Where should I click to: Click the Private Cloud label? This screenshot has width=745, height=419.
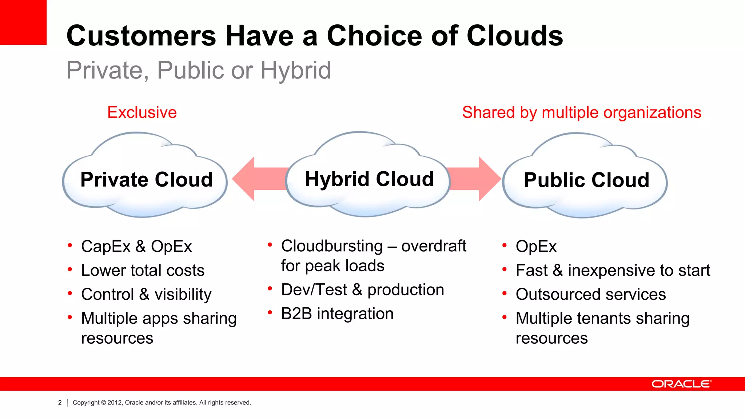click(x=146, y=180)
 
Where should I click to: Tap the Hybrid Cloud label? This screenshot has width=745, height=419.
click(x=369, y=179)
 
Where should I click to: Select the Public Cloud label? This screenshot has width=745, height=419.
click(x=586, y=180)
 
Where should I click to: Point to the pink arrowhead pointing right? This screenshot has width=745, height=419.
click(x=489, y=179)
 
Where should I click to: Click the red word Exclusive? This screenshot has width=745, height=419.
click(x=142, y=112)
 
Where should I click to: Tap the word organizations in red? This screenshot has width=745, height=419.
click(x=652, y=112)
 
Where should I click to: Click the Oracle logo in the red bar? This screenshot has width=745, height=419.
click(x=681, y=384)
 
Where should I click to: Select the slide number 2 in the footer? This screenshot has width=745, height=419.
click(x=60, y=403)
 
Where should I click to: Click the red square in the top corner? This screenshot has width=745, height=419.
click(x=23, y=22)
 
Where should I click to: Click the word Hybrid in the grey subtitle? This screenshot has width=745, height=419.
click(x=295, y=70)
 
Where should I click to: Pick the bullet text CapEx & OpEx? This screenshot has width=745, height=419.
click(x=136, y=247)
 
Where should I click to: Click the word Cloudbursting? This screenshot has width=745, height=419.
click(x=332, y=246)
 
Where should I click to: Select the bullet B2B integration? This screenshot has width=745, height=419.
click(x=337, y=314)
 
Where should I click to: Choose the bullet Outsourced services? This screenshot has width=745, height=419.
click(x=590, y=294)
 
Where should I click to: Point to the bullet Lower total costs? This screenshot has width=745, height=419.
click(x=143, y=271)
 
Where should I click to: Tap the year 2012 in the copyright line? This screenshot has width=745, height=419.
click(x=114, y=403)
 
